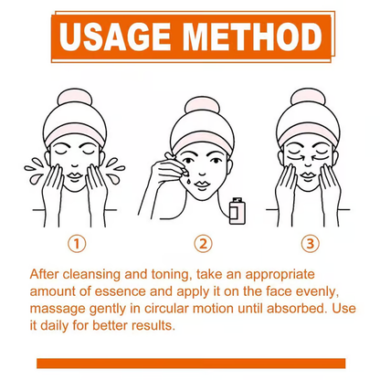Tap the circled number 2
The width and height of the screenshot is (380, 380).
point(204,244)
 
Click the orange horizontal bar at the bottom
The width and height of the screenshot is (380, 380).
point(190,363)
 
